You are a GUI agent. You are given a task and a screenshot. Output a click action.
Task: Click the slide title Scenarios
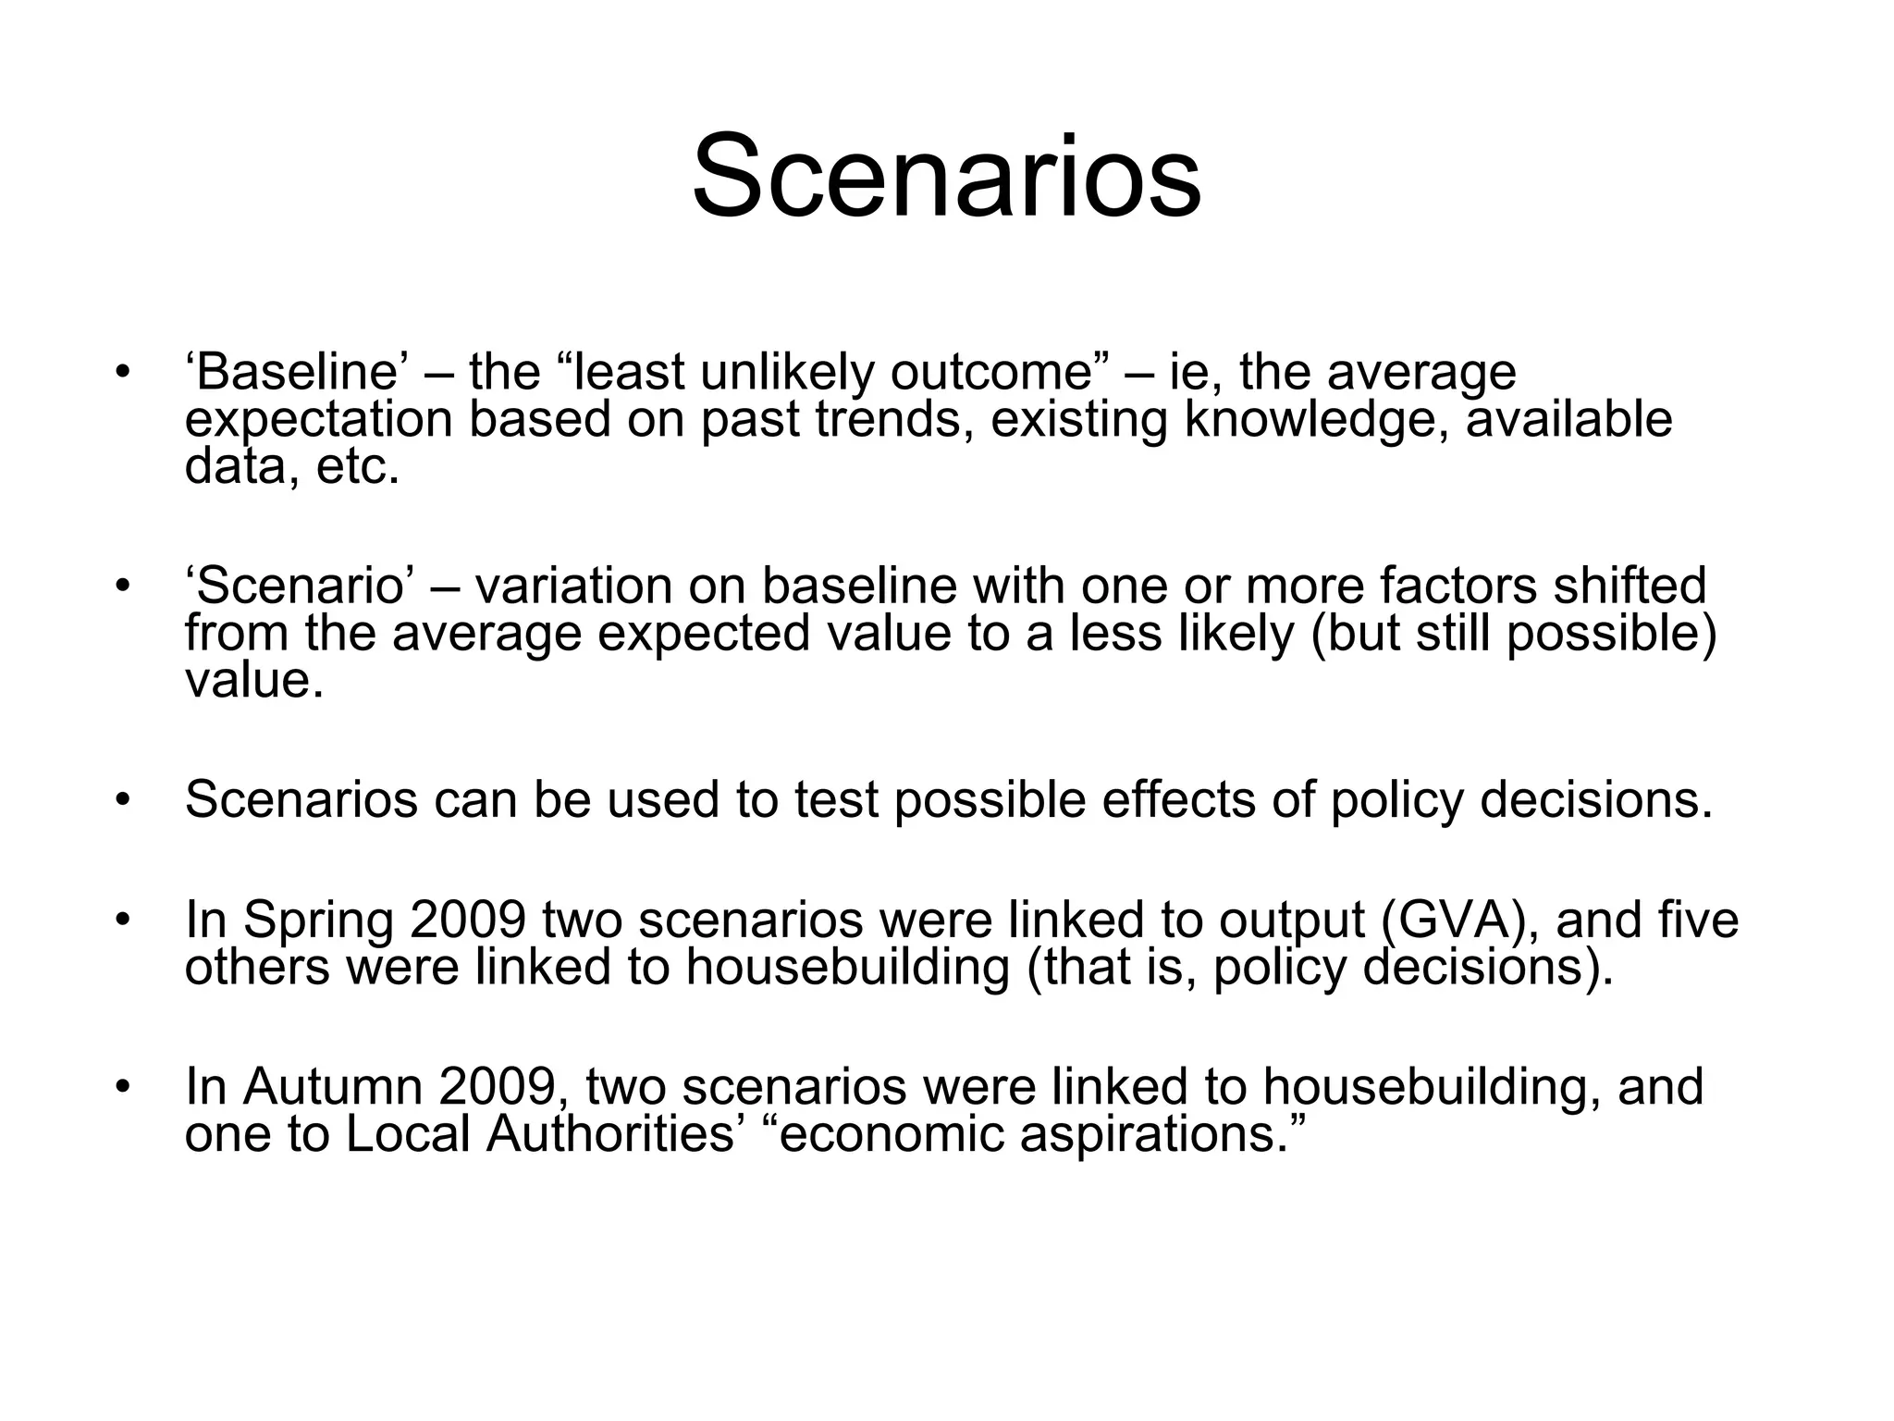(946, 176)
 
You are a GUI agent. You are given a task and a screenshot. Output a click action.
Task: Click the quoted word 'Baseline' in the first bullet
(295, 372)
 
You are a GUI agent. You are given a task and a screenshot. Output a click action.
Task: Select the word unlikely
(786, 372)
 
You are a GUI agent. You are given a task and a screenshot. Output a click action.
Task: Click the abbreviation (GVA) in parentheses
(1458, 921)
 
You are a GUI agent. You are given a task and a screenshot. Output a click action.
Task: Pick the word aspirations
(1163, 1136)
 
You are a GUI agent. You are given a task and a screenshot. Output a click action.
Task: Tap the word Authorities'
(617, 1134)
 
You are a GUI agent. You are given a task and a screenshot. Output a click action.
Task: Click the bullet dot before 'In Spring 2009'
(121, 921)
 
